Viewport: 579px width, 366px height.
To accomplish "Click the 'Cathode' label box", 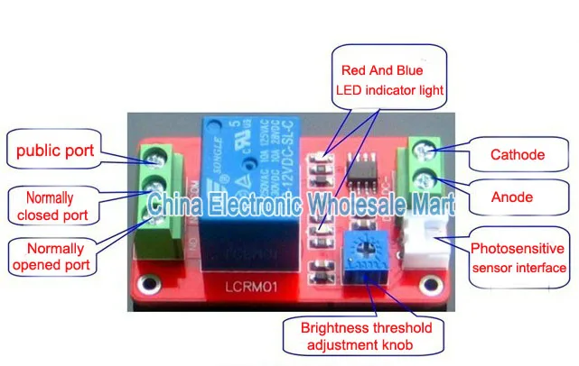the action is (x=518, y=154).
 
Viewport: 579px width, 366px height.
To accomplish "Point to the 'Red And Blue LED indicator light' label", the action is (x=391, y=78).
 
